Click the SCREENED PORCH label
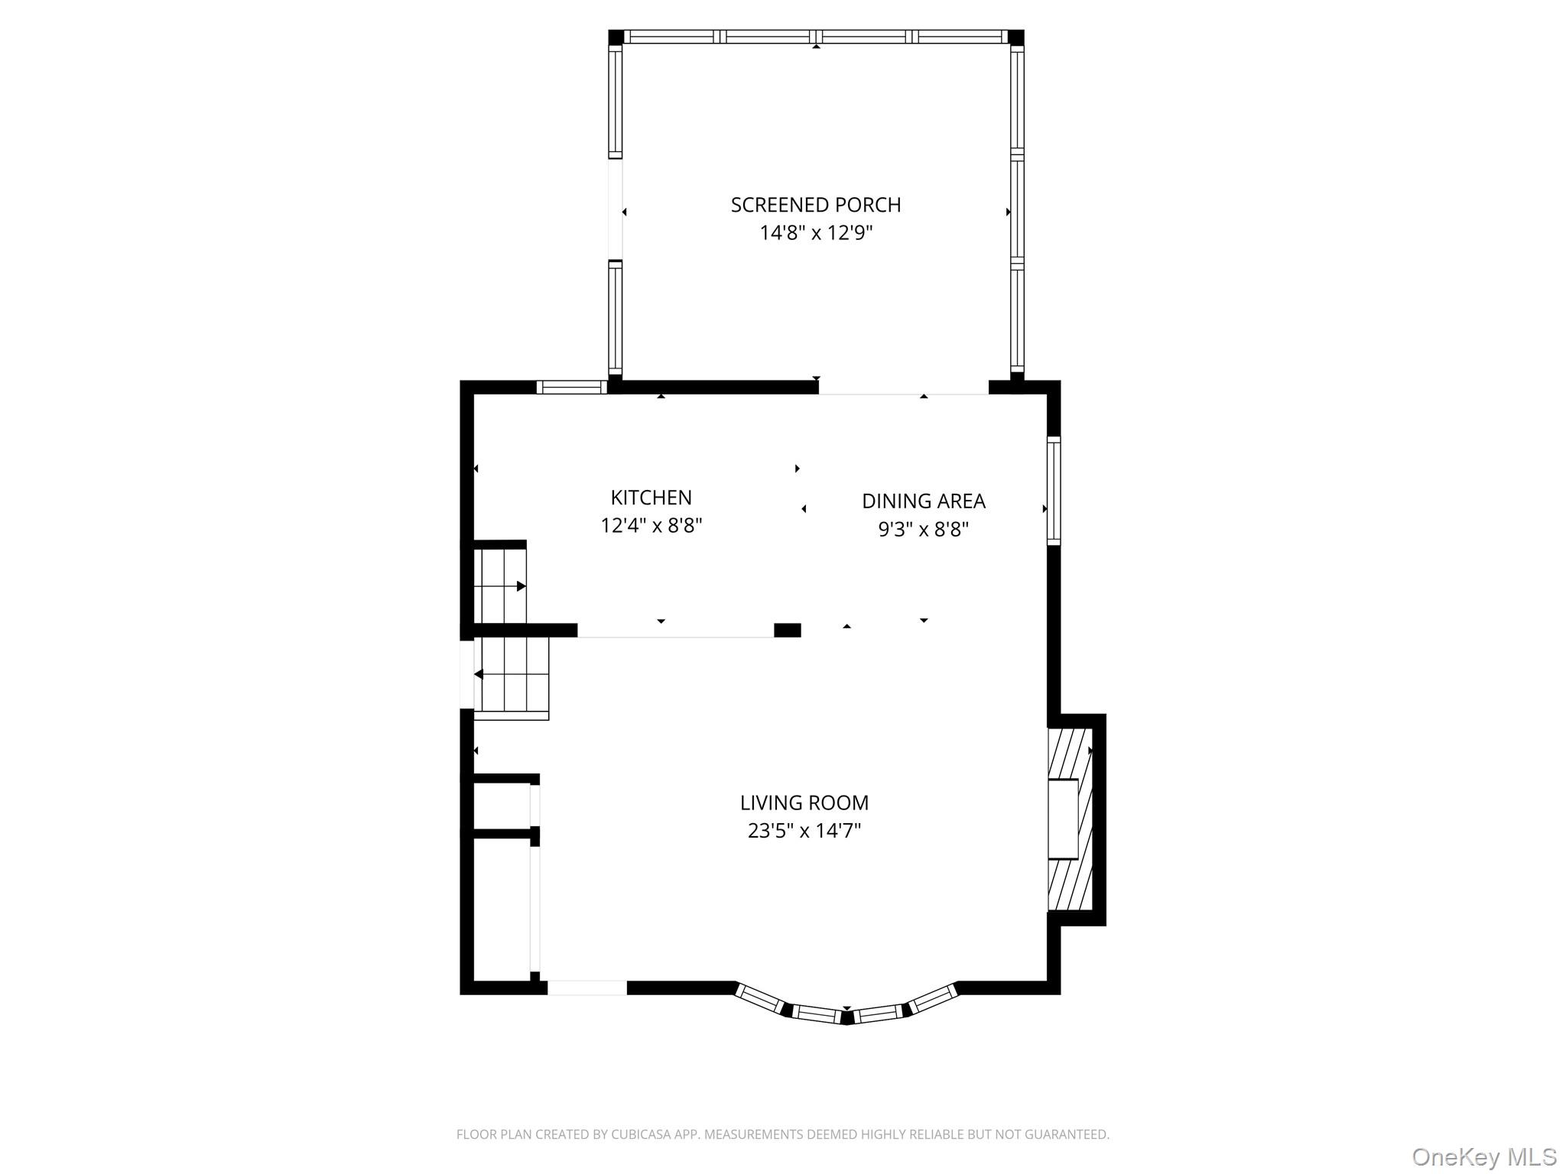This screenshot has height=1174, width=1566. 816,205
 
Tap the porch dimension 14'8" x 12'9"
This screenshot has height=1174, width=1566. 816,233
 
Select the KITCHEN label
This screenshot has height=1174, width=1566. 651,498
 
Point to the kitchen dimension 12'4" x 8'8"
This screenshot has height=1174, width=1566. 651,526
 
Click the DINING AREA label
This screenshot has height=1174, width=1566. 923,501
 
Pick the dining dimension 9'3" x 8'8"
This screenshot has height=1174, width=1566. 923,529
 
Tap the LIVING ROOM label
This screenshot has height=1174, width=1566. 804,803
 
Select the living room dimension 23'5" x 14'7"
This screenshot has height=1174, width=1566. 804,831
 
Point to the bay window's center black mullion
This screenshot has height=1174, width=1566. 846,1017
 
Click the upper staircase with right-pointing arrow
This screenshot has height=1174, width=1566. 500,585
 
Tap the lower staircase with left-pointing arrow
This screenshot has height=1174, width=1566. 511,676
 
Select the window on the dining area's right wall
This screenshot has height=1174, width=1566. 1054,490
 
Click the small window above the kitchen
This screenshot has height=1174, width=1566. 572,388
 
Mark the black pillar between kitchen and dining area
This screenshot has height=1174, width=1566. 787,631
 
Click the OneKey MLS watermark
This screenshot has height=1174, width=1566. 1483,1156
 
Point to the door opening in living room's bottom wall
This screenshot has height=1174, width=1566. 586,988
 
